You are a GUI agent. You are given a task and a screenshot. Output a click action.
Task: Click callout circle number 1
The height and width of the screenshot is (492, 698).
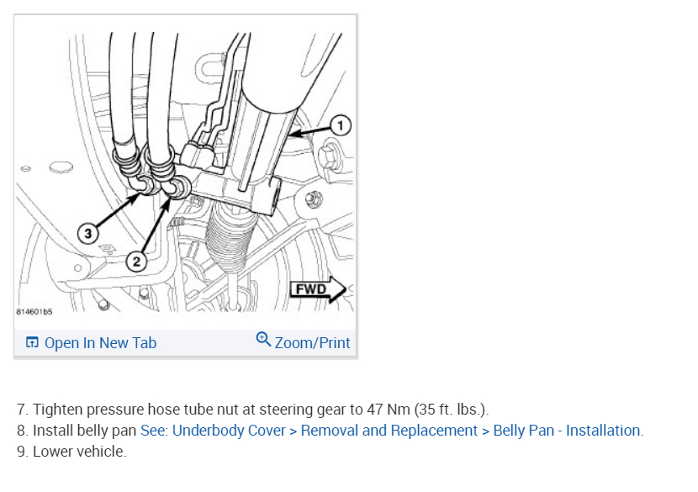(x=341, y=125)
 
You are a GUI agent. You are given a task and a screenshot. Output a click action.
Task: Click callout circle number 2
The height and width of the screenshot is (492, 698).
(x=136, y=262)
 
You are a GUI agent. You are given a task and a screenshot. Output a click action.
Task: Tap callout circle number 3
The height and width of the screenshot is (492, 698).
(x=87, y=233)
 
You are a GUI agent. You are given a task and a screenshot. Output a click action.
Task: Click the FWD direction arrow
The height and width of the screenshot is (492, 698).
(x=318, y=289)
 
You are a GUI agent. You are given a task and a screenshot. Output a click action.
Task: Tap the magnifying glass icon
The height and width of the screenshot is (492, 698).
(x=263, y=339)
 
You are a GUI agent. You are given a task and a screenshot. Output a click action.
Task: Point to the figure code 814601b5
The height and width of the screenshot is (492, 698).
(x=34, y=312)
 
